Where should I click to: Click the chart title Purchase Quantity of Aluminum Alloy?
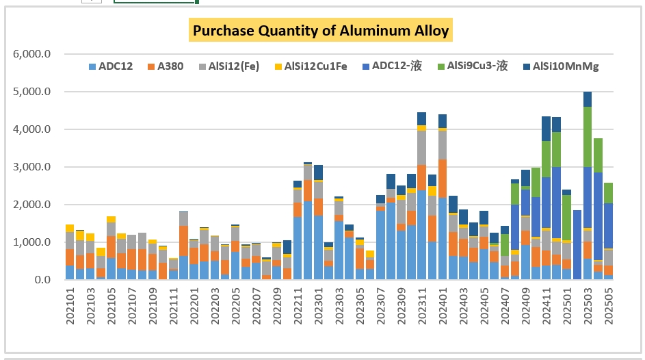pyautogui.click(x=321, y=31)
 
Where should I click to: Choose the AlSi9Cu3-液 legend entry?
pyautogui.click(x=475, y=66)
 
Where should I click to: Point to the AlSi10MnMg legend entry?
pyautogui.click(x=560, y=66)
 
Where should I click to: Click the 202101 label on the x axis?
pyautogui.click(x=70, y=308)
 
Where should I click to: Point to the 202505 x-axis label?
pyautogui.click(x=608, y=308)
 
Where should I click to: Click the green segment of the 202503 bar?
pyautogui.click(x=588, y=136)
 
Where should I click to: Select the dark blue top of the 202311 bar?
pyautogui.click(x=421, y=118)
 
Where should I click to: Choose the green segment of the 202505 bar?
pyautogui.click(x=608, y=192)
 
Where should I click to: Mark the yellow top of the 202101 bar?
pyautogui.click(x=70, y=228)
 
